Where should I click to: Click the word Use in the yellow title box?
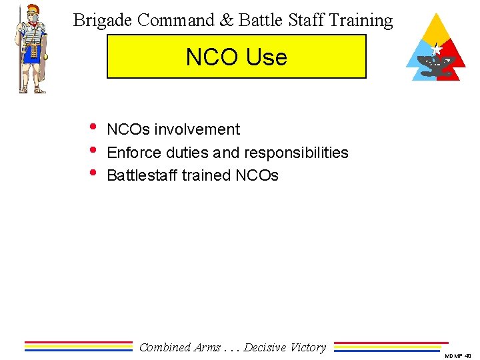click(x=265, y=57)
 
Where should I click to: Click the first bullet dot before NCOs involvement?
click(x=93, y=128)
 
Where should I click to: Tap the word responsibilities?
click(x=296, y=153)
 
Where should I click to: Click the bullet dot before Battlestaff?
click(x=93, y=174)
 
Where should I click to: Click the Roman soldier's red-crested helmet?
click(x=33, y=13)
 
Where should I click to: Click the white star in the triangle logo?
click(x=437, y=49)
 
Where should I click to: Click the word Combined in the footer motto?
click(x=165, y=347)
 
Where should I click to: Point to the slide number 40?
click(x=468, y=356)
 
